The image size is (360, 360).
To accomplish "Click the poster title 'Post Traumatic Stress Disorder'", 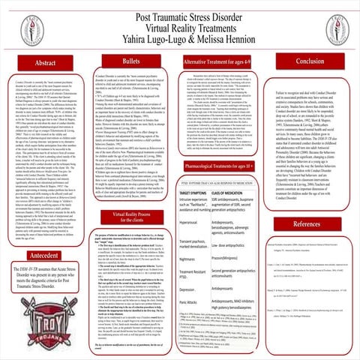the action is (180, 9).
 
